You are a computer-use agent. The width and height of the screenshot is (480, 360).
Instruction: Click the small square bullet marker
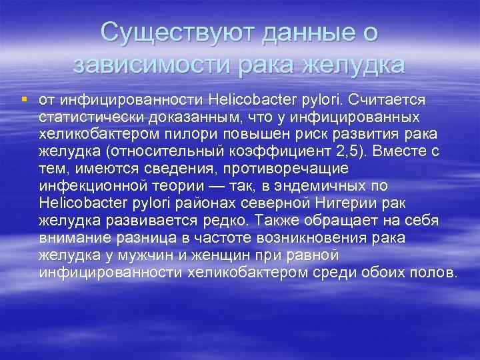24,99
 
